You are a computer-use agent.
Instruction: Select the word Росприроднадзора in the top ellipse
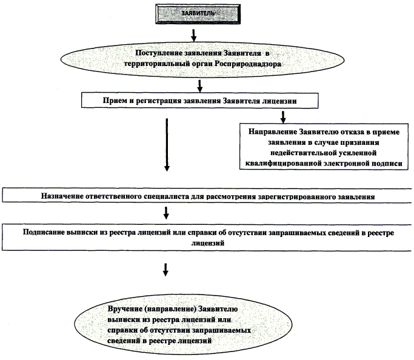[x=250, y=63]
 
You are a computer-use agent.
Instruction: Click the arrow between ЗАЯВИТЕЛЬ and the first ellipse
[x=193, y=32]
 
